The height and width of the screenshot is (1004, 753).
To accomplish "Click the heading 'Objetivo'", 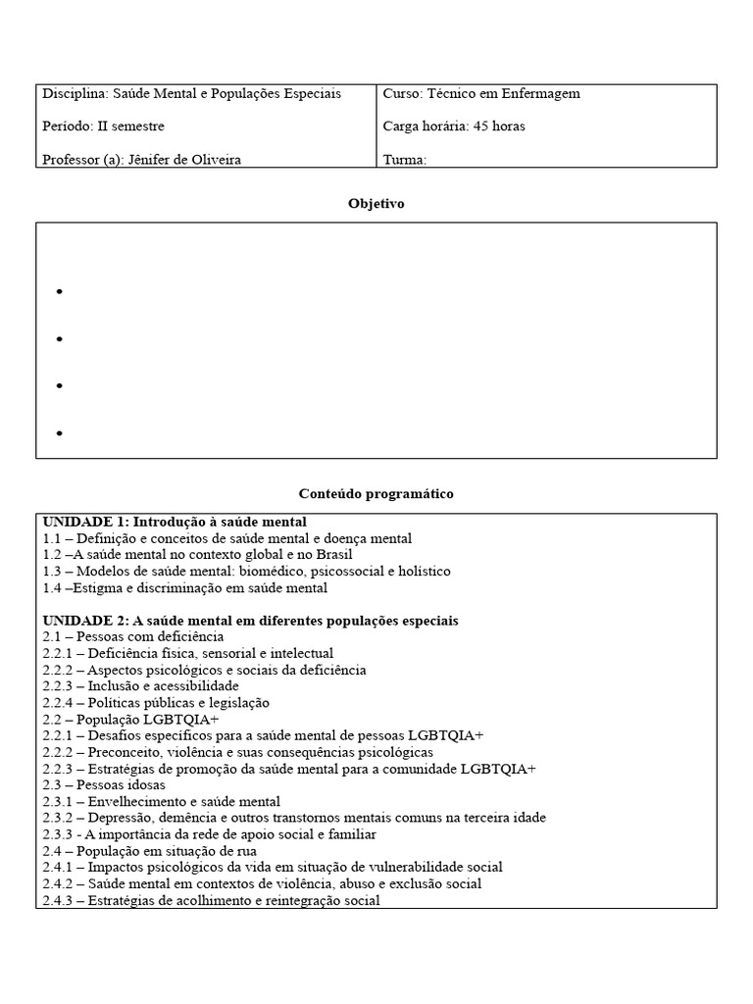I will (x=376, y=204).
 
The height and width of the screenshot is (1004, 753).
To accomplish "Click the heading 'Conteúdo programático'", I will (x=376, y=494).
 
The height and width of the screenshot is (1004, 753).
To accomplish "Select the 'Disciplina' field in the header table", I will (x=191, y=94).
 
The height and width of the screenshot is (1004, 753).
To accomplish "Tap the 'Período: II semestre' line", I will (x=104, y=126).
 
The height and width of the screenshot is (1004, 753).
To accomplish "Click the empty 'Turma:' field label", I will (x=405, y=160).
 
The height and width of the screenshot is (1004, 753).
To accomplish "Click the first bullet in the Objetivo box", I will (x=60, y=292).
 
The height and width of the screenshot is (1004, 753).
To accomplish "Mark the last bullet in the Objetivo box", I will (x=60, y=432).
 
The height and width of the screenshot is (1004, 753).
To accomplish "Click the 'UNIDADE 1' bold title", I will (x=175, y=522).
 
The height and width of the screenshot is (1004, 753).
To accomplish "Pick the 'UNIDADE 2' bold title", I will (x=250, y=621).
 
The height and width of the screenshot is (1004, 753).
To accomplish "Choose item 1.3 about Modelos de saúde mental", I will (x=247, y=572).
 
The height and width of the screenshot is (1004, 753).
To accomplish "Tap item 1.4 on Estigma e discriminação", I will (x=185, y=588).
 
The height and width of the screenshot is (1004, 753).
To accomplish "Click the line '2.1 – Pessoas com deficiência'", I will (x=133, y=637).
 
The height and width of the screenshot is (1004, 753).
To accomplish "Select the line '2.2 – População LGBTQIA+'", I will (x=130, y=720).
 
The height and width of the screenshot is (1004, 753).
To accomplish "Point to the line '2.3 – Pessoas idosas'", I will (x=104, y=784).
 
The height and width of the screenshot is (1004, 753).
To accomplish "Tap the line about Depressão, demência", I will (x=294, y=818).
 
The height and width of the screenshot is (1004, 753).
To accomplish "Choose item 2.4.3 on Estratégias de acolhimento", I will (x=212, y=900).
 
